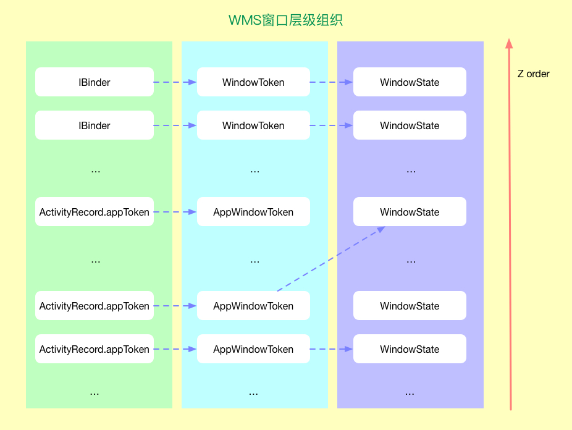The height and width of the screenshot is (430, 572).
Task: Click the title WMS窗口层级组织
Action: tap(285, 20)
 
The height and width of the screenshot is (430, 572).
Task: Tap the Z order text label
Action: tap(533, 74)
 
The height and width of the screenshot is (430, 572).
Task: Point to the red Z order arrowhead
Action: tap(509, 43)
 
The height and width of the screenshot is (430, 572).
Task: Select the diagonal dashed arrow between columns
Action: tap(330, 259)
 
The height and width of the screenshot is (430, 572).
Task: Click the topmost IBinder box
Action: tap(95, 82)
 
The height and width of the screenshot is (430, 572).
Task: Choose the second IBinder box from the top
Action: tap(95, 125)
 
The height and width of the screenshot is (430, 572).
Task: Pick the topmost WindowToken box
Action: tap(253, 82)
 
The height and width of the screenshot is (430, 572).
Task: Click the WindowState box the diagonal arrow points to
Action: tap(410, 212)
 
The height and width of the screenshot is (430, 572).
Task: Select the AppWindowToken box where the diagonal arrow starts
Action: tap(253, 306)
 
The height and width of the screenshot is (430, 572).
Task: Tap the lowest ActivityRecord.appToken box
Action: tap(95, 349)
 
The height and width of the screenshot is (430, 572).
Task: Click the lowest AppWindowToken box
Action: tap(253, 349)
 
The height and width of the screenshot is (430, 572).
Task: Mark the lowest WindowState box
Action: tap(410, 349)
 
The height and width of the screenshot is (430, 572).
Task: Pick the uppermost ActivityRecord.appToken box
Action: tap(95, 212)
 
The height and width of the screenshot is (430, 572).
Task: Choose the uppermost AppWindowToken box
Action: tap(253, 212)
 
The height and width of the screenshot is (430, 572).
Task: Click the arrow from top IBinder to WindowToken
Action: tap(175, 82)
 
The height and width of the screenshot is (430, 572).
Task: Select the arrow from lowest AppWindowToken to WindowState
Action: tap(331, 349)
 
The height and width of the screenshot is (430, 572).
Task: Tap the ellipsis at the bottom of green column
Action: tap(95, 392)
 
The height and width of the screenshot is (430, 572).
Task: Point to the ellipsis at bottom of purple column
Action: tap(410, 392)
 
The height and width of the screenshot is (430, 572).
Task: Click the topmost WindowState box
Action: tap(410, 82)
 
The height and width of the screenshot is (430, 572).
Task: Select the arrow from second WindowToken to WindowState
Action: tap(331, 125)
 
